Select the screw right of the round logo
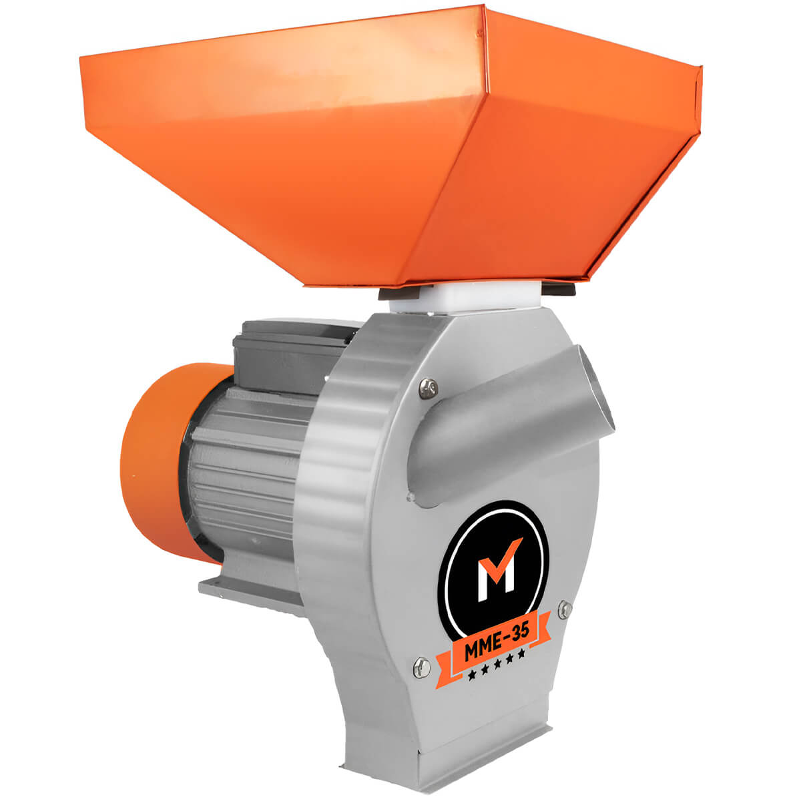565,609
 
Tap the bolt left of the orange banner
421,667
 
